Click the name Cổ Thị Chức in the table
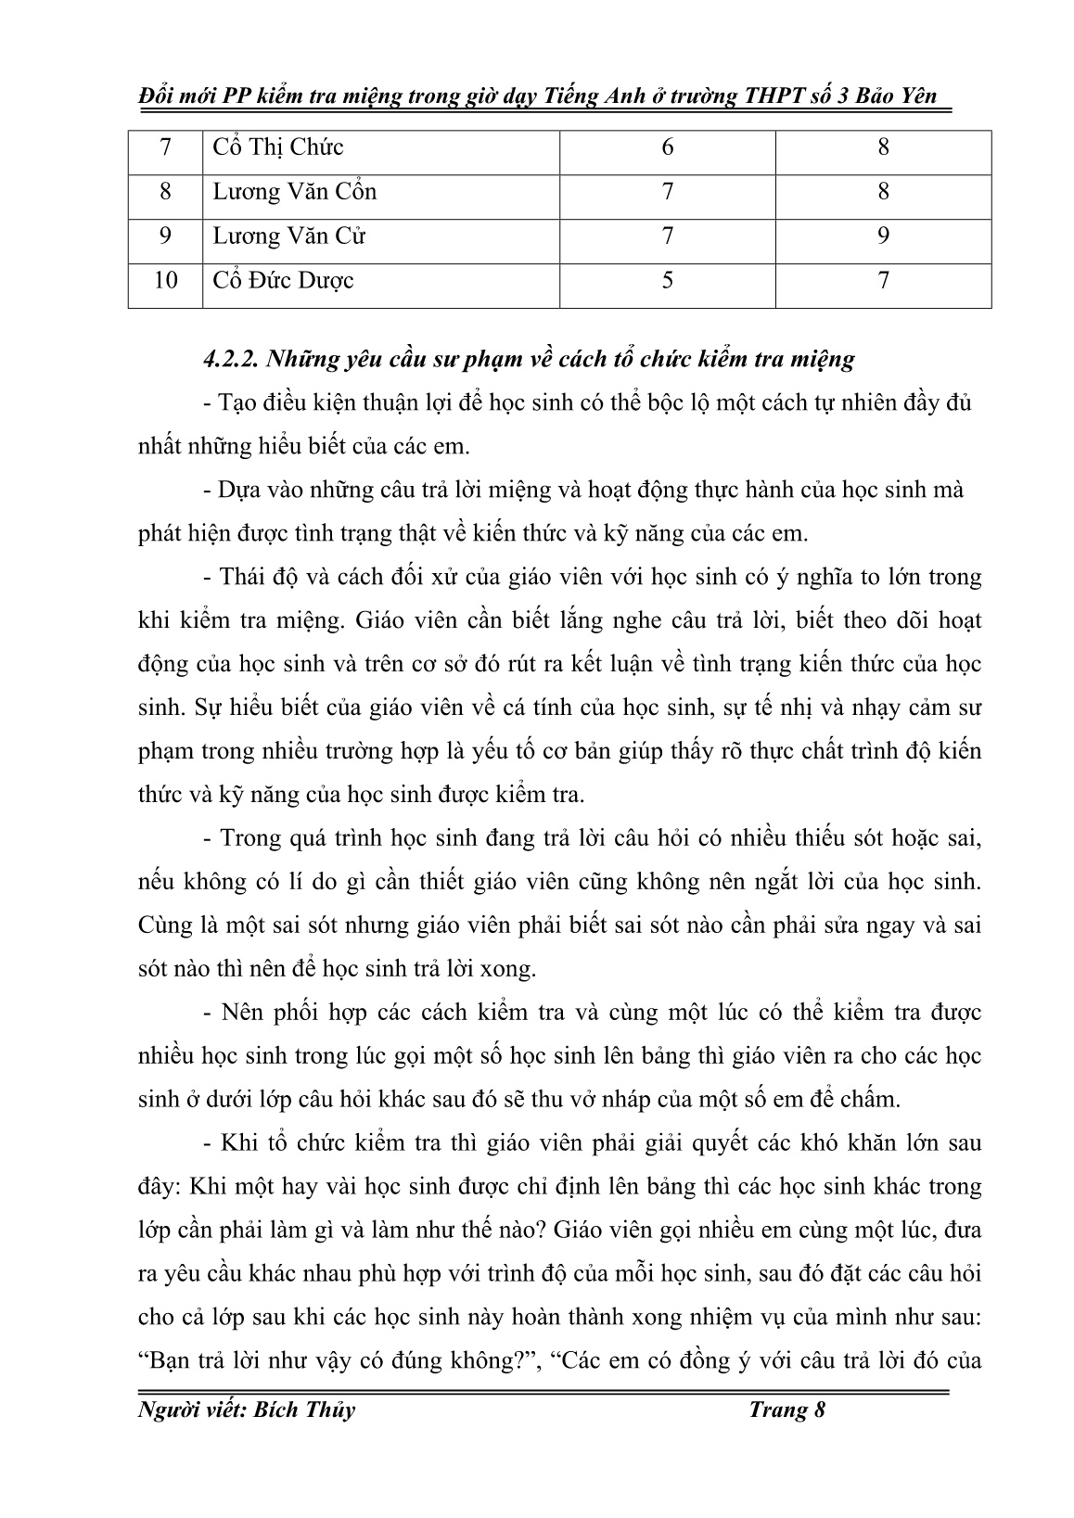[278, 147]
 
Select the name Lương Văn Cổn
[295, 192]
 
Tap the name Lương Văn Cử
[289, 236]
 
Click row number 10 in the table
[165, 280]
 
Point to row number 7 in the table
[165, 147]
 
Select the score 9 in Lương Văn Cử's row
[883, 236]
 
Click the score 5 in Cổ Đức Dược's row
[668, 280]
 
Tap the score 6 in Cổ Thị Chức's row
[668, 147]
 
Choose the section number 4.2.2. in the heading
[230, 359]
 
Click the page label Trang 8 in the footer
[787, 1410]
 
